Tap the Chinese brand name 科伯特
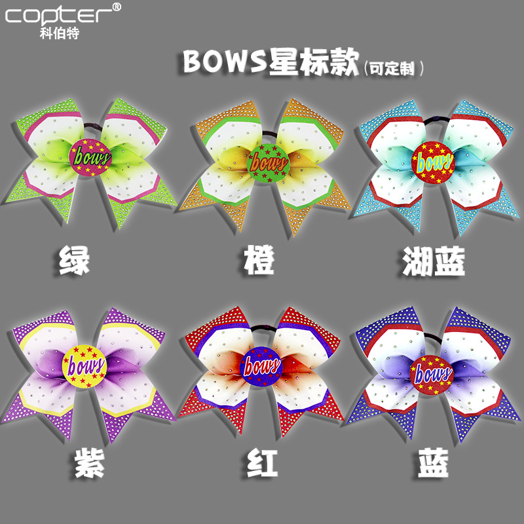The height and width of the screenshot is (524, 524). point(60,33)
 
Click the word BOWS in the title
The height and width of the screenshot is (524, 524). point(222,62)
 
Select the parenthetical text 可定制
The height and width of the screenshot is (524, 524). point(394,67)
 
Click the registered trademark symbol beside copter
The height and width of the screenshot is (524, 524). point(117,7)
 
